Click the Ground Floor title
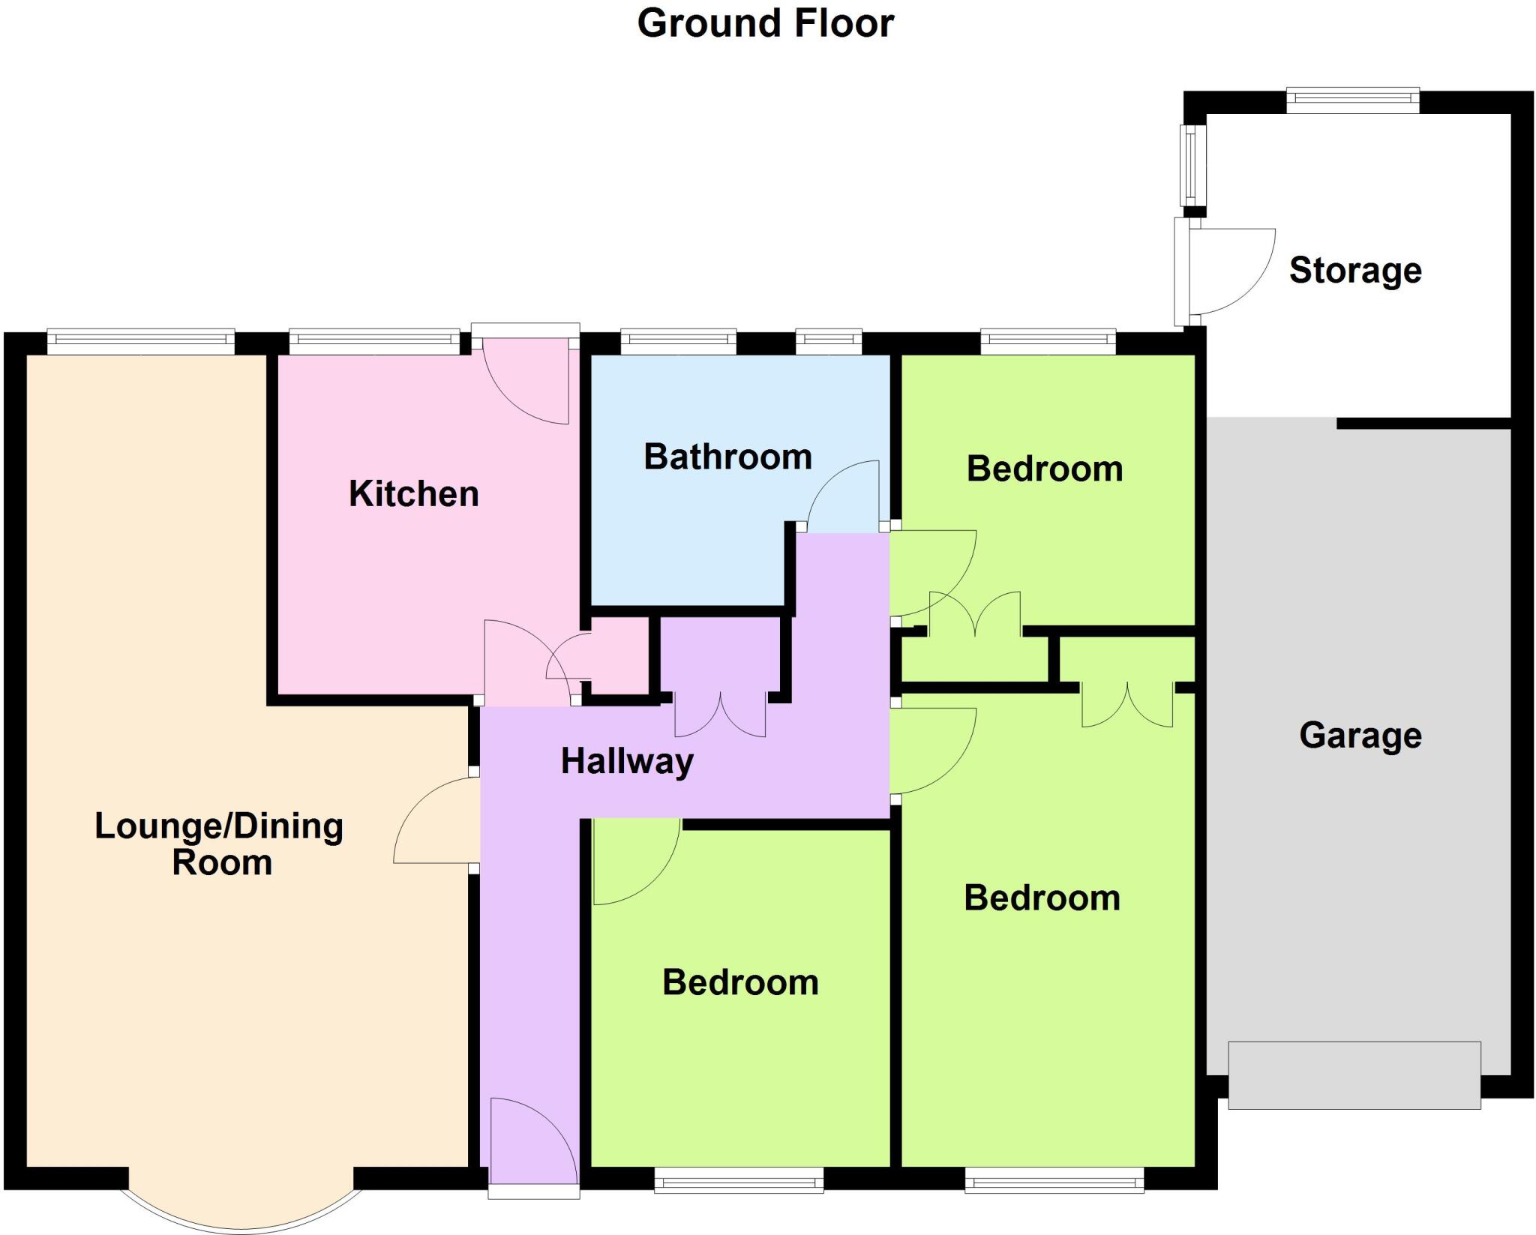(765, 24)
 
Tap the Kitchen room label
(413, 494)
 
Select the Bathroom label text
(727, 457)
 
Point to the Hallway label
(627, 762)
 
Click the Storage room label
(1354, 271)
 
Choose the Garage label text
(1360, 736)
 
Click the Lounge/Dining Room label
(219, 844)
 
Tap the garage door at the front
(1354, 1075)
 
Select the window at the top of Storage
(1352, 100)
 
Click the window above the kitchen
(374, 342)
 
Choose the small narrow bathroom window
(828, 342)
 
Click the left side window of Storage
(1192, 165)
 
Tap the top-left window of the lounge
(141, 342)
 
